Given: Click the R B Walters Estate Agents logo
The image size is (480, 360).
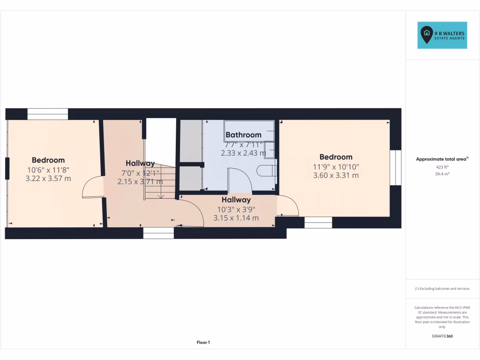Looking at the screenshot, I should (442, 35).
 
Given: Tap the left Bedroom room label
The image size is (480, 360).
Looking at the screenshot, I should (48, 160).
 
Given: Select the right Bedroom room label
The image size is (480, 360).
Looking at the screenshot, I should (336, 157).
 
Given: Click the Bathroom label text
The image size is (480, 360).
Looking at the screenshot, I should (243, 135).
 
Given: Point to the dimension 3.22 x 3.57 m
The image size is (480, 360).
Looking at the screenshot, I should (48, 178).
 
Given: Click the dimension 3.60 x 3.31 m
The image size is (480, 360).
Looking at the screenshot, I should (336, 175).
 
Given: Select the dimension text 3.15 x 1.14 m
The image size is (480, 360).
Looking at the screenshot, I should (236, 218).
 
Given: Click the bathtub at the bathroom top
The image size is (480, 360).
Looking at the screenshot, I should (249, 130).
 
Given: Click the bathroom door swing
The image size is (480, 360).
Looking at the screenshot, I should (240, 180).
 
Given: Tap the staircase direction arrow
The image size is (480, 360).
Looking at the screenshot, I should (161, 190).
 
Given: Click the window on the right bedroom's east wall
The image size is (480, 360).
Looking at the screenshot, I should (396, 167).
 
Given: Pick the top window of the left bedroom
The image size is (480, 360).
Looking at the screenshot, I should (47, 114).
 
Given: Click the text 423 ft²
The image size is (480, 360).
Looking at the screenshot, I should (442, 166).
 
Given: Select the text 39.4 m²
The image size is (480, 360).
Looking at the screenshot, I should (442, 174).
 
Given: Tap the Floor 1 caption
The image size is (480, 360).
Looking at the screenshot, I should (203, 343).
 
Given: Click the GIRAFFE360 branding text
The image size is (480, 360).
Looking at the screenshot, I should (442, 336).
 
